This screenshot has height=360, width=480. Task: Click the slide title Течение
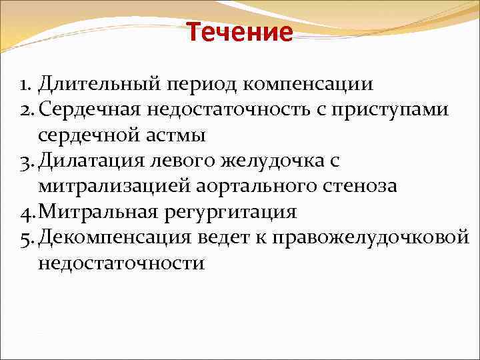click(239, 31)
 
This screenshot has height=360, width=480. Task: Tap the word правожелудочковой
click(389, 237)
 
